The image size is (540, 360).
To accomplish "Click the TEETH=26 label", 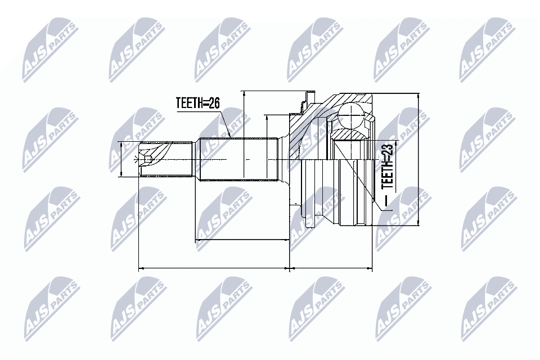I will click(x=197, y=103).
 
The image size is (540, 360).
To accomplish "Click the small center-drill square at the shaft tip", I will click(x=148, y=161).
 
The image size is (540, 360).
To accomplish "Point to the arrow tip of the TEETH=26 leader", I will click(x=231, y=137).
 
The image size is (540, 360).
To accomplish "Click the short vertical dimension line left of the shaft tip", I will click(x=122, y=160).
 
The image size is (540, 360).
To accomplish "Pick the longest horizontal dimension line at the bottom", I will click(x=214, y=269).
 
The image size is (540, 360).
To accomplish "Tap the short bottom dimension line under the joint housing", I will click(x=332, y=269).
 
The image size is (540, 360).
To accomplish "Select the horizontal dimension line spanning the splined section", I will click(x=242, y=240).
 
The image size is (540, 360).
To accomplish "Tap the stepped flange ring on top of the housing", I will click(x=307, y=101).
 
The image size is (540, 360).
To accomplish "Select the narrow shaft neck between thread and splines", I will click(x=196, y=160).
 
